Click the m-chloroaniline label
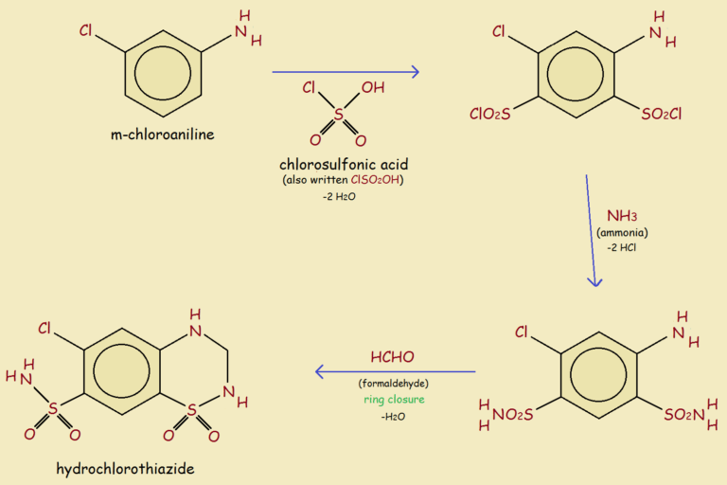tap(163, 135)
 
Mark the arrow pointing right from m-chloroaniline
tap(346, 72)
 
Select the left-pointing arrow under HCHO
tap(395, 371)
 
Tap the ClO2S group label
tap(489, 115)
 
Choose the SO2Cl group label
tap(662, 115)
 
